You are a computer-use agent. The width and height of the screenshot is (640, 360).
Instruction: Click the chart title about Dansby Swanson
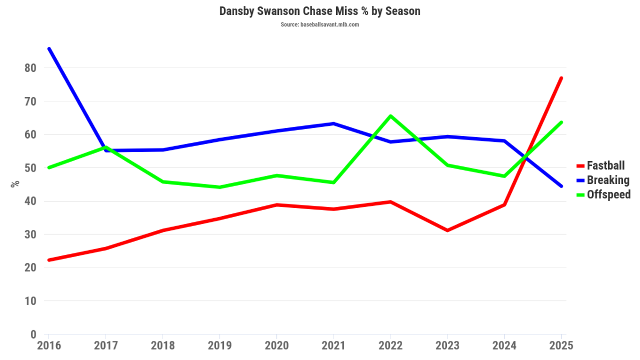pyautogui.click(x=319, y=11)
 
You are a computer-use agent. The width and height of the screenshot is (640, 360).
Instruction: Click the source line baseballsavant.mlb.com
pyautogui.click(x=319, y=25)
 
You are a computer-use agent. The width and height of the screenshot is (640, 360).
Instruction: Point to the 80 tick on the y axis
pyautogui.click(x=30, y=68)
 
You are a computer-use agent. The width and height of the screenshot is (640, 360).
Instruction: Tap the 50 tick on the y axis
pyautogui.click(x=30, y=168)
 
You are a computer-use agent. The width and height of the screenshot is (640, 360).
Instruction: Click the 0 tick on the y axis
pyautogui.click(x=33, y=335)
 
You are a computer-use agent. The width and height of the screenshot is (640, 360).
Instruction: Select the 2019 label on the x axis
pyautogui.click(x=220, y=346)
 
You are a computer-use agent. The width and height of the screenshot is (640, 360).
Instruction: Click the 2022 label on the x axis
pyautogui.click(x=390, y=346)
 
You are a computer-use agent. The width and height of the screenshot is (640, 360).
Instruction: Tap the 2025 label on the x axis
pyautogui.click(x=561, y=346)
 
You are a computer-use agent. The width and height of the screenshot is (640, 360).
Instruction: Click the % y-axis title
pyautogui.click(x=15, y=183)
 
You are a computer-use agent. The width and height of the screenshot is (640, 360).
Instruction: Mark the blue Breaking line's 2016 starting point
pyautogui.click(x=49, y=49)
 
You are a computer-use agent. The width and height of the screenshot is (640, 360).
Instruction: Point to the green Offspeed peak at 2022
pyautogui.click(x=390, y=116)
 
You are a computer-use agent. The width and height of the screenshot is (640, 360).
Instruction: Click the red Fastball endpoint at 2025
pyautogui.click(x=561, y=78)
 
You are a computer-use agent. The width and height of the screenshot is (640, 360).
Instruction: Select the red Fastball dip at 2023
pyautogui.click(x=447, y=230)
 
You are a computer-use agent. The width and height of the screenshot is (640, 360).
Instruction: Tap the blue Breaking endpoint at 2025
pyautogui.click(x=561, y=186)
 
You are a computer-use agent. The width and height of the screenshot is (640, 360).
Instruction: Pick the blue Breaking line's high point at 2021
pyautogui.click(x=333, y=124)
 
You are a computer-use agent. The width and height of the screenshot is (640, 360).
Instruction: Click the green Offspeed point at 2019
pyautogui.click(x=220, y=187)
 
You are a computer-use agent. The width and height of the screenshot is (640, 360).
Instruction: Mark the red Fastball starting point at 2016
pyautogui.click(x=49, y=260)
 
